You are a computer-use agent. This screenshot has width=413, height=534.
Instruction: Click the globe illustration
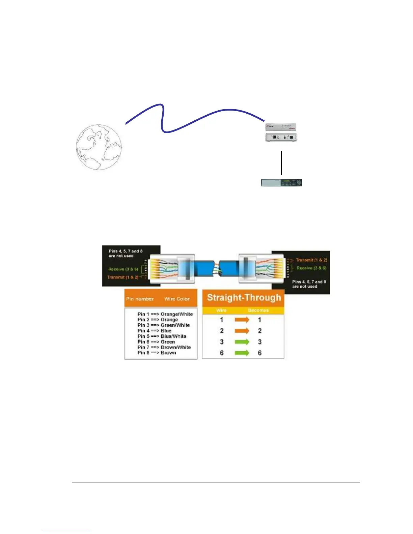(99, 147)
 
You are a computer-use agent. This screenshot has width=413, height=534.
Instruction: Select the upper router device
(281, 127)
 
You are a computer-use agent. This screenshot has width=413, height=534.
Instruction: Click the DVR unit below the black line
(281, 183)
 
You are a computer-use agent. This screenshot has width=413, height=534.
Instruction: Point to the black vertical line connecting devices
(281, 163)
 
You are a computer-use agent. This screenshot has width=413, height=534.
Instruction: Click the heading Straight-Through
(244, 298)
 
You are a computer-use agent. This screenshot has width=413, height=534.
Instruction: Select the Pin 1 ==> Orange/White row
(165, 314)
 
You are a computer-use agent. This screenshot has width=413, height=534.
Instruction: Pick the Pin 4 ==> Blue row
(154, 331)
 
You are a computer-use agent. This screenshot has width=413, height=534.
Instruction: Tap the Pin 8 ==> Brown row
(157, 353)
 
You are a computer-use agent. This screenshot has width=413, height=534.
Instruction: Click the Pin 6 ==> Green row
(156, 342)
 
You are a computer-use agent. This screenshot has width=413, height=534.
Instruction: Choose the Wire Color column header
(177, 299)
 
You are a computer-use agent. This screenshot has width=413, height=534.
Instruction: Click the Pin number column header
(140, 299)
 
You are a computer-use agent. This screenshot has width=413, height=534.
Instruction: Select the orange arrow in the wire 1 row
(242, 320)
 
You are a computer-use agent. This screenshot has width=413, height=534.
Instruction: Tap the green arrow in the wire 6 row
(242, 353)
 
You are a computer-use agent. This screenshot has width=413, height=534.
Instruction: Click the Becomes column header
(258, 310)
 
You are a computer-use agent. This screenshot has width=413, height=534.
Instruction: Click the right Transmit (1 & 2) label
(311, 260)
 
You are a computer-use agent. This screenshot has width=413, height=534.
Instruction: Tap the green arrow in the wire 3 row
(242, 342)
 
